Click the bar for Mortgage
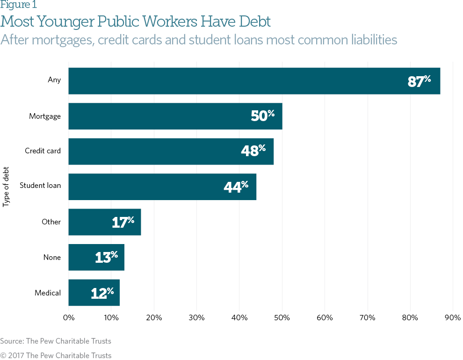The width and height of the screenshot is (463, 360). coord(175,116)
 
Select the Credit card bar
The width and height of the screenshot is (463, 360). coord(171,151)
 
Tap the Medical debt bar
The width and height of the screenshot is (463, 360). coord(94,293)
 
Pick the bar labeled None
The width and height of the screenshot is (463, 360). coord(96,257)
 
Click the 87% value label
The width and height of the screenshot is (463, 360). coord(419,81)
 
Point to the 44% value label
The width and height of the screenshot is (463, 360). coord(236,187)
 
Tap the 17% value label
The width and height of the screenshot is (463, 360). coord(123,222)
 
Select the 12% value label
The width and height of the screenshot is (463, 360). coord(102,293)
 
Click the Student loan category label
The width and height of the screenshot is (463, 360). coord(40,186)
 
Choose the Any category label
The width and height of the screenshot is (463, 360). coord(54,79)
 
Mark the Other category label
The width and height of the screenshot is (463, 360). coord(51,222)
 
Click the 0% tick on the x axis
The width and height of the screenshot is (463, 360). coord(69,318)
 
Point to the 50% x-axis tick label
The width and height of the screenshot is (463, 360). coord(282,318)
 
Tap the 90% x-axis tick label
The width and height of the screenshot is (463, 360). coord(453,318)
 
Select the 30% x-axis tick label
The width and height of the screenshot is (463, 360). coord(196,318)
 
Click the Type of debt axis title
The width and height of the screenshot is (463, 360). coord(6,186)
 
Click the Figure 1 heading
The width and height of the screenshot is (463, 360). coord(19,5)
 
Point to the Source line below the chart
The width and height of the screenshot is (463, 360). coord(56,341)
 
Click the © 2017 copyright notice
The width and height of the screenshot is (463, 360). coord(56,355)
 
